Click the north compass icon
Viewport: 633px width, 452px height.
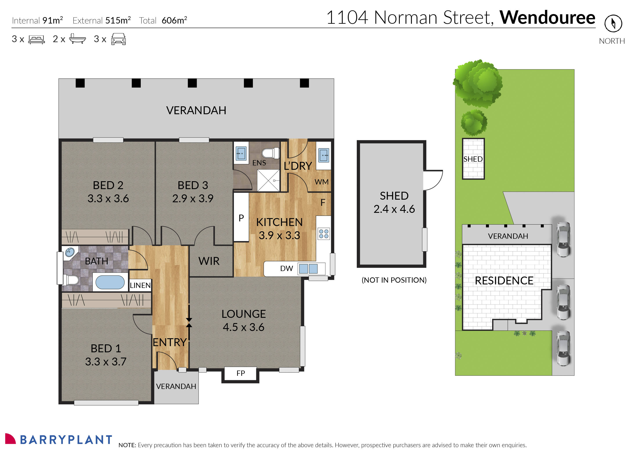click(x=613, y=23)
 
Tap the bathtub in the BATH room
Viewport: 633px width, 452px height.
click(x=110, y=282)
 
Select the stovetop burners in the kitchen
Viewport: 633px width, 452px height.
click(x=324, y=234)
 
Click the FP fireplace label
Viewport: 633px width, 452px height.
click(x=241, y=373)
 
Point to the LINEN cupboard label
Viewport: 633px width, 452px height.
click(x=140, y=285)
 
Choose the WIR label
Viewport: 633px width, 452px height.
click(x=209, y=261)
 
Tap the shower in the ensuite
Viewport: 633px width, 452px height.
click(x=268, y=180)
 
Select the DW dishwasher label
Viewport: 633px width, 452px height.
click(x=286, y=269)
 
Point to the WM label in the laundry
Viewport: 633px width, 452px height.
click(x=321, y=182)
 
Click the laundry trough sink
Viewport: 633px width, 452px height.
click(x=324, y=155)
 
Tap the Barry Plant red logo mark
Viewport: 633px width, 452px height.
click(x=10, y=439)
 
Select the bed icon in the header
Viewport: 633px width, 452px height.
click(x=36, y=39)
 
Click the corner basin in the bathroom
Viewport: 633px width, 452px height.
click(x=70, y=252)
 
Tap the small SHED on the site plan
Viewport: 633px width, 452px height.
click(x=473, y=159)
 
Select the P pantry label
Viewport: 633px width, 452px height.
click(x=241, y=218)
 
